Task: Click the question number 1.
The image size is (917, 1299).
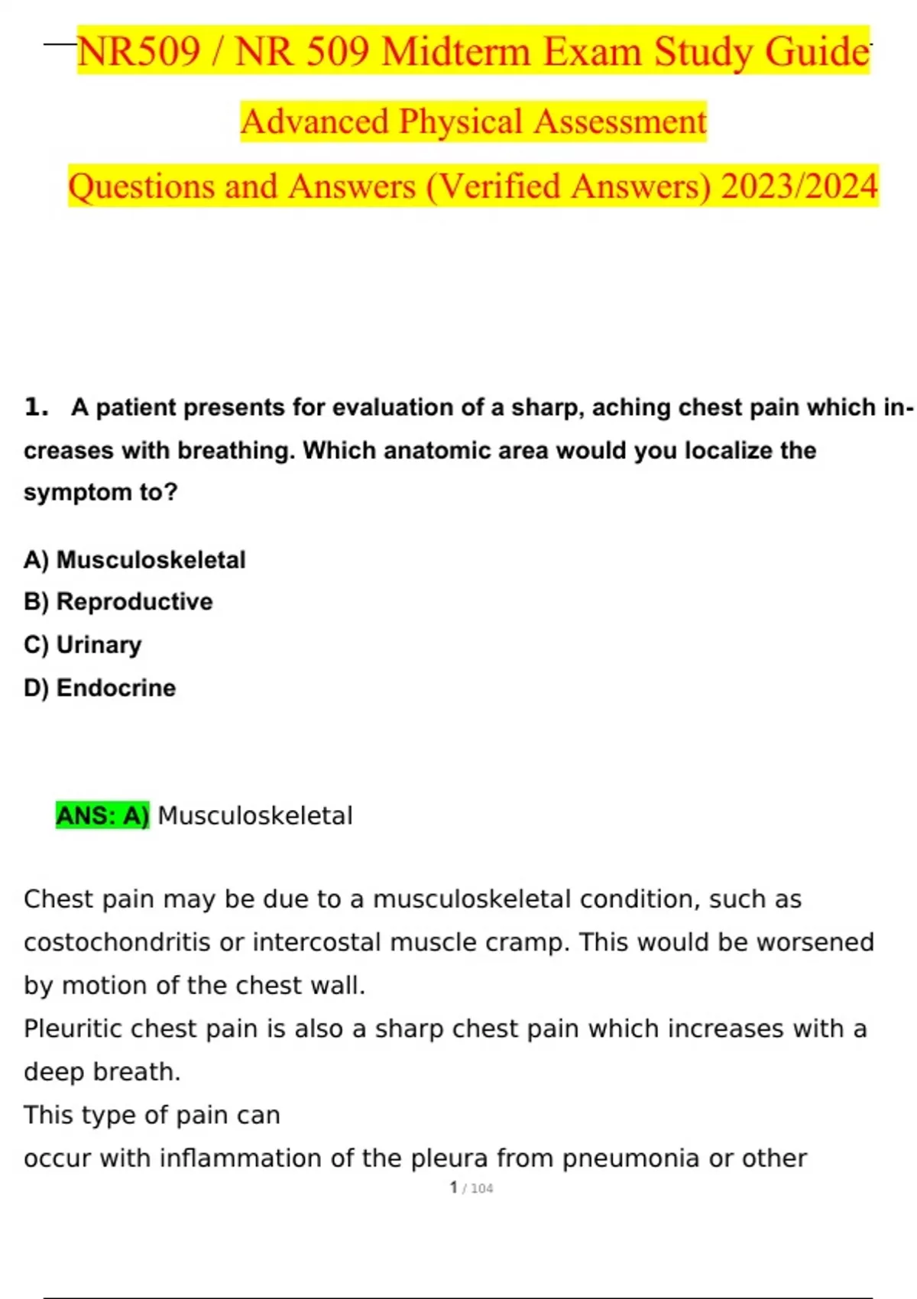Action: click(x=35, y=407)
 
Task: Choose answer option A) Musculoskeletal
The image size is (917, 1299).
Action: click(x=134, y=559)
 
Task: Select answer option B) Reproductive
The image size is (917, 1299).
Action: click(x=118, y=601)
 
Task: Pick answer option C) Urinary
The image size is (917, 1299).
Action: click(x=83, y=644)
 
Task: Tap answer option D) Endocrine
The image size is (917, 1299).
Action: click(x=99, y=688)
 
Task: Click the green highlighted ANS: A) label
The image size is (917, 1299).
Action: click(x=102, y=815)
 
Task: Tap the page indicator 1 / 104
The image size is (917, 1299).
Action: click(x=471, y=1187)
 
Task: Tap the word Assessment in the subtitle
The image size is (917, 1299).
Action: click(x=620, y=121)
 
